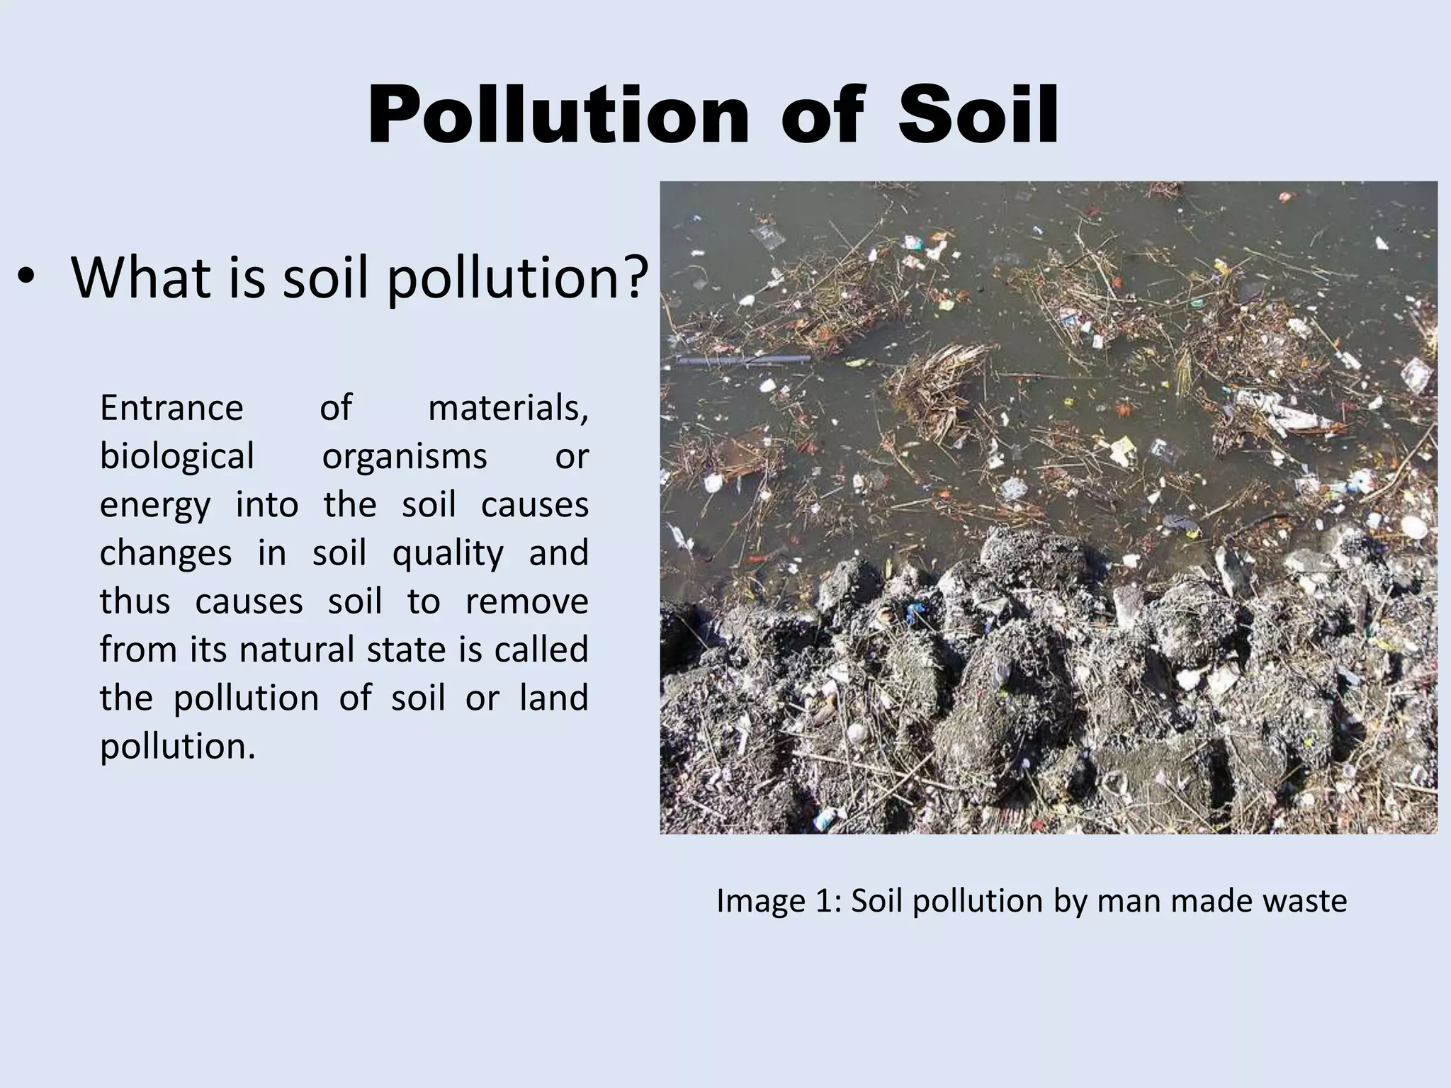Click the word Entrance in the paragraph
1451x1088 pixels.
tap(171, 408)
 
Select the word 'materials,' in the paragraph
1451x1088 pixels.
tap(508, 408)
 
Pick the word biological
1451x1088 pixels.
tap(176, 456)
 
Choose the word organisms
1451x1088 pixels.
tap(405, 456)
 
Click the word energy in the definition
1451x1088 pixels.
tap(155, 506)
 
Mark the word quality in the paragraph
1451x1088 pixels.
tap(448, 553)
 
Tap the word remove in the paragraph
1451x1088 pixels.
tap(526, 601)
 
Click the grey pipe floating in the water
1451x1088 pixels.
tap(744, 361)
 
